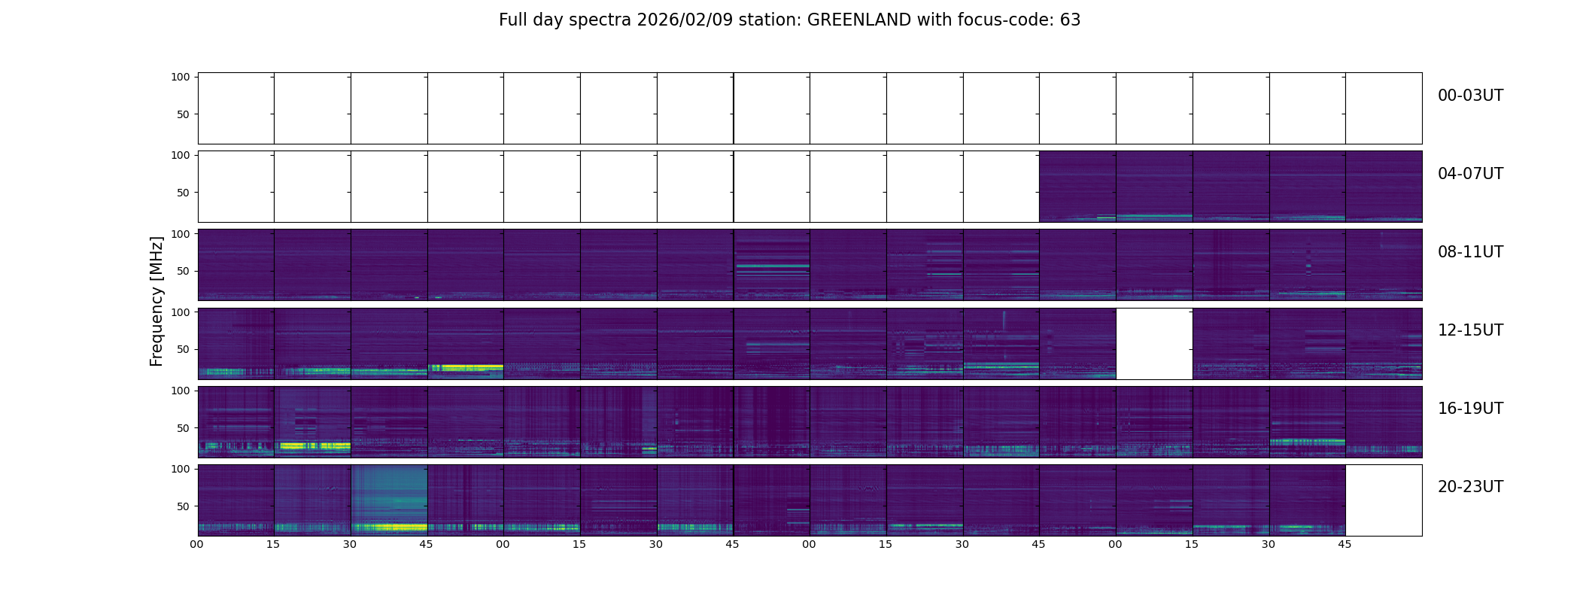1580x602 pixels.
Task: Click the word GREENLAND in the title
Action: pos(858,20)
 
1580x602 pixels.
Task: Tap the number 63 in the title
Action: pos(1070,20)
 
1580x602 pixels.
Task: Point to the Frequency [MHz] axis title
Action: pos(156,301)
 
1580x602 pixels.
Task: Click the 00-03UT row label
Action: pos(1470,96)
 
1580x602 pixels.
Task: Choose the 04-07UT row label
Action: pos(1470,174)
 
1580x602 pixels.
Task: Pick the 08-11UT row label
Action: pos(1470,252)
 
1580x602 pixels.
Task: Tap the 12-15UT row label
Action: pos(1470,330)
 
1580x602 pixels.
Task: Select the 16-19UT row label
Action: pos(1470,409)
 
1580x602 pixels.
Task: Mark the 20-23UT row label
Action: pos(1470,487)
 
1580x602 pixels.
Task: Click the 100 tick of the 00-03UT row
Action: pos(181,78)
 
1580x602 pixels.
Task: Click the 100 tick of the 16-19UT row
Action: pos(181,391)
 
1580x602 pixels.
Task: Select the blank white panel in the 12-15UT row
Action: pos(1154,343)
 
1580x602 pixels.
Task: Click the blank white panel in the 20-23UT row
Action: pos(1383,500)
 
